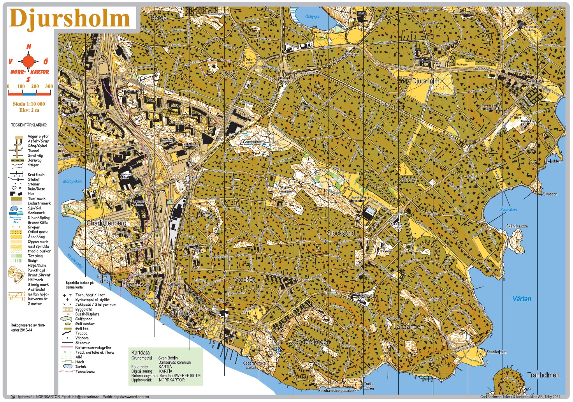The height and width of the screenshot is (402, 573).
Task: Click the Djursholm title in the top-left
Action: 69,18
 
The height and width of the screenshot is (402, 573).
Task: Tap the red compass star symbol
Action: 28,61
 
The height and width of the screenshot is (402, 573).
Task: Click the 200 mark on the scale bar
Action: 35,86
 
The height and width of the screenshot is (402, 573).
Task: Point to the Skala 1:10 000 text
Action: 29,104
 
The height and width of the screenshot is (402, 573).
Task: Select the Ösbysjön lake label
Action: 313,16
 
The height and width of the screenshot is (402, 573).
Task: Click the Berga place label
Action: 158,18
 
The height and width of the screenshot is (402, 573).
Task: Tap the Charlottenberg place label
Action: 106,223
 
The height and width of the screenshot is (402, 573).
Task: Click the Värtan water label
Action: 522,299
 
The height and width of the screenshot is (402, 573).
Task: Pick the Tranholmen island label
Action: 543,375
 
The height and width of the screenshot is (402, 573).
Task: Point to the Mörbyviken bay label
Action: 72,182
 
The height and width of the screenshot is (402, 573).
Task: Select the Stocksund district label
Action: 341,233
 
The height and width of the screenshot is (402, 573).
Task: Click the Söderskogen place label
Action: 312,342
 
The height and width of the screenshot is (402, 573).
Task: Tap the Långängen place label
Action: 408,326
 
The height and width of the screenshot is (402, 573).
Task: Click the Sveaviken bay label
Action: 508,210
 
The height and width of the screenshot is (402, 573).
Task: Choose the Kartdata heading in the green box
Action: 141,352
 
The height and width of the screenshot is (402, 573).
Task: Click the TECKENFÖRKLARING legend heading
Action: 29,125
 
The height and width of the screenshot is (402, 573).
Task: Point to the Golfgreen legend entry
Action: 84,319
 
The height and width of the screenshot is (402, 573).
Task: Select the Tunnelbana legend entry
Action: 85,371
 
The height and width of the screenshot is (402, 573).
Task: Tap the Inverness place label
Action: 134,284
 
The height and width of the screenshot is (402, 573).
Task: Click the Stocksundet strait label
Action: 74,261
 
